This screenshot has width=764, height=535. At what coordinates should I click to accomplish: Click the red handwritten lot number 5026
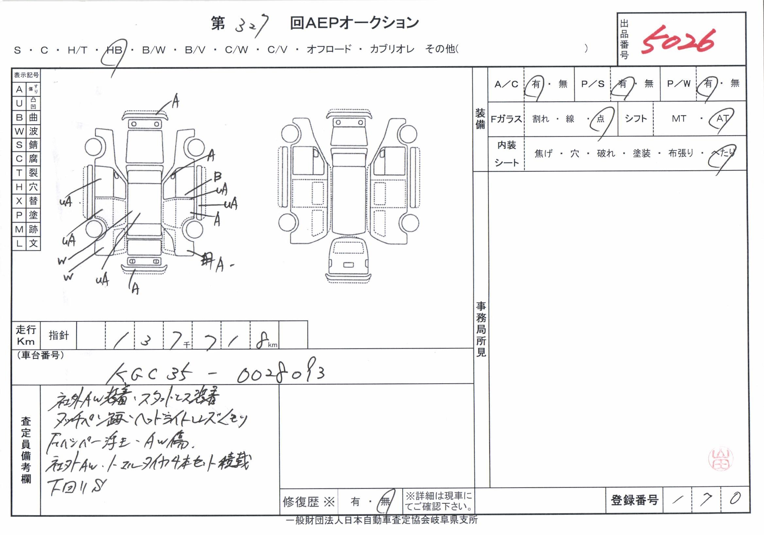pos(677,41)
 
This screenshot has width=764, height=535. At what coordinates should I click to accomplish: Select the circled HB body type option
pos(114,50)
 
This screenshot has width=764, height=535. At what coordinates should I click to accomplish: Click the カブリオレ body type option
pos(392,50)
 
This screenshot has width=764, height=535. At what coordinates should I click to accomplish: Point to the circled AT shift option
pos(722,118)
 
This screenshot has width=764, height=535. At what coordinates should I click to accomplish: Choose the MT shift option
pos(679,118)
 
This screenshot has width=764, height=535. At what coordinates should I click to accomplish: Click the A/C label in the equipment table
pos(506,84)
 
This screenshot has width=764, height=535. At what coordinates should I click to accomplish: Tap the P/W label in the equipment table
pos(678,84)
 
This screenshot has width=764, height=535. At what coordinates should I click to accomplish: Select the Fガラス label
pos(506,118)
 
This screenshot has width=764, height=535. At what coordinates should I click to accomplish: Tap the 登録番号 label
pos(634,500)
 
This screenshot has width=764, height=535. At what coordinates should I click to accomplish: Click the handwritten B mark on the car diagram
pos(217,176)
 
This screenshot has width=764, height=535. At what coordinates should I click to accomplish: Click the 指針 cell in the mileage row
pos(59,335)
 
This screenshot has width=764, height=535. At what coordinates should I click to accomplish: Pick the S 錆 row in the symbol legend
pos(26,145)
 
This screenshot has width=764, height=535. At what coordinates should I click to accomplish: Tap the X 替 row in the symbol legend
pos(26,201)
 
